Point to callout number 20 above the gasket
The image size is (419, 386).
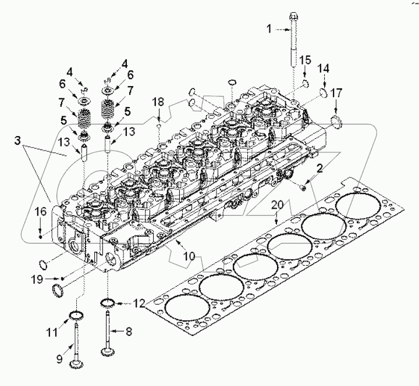pyautogui.click(x=278, y=205)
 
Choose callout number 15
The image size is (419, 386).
pyautogui.click(x=305, y=60)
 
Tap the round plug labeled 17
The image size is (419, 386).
pyautogui.click(x=336, y=121)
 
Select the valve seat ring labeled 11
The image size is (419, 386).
pyautogui.click(x=75, y=316)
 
